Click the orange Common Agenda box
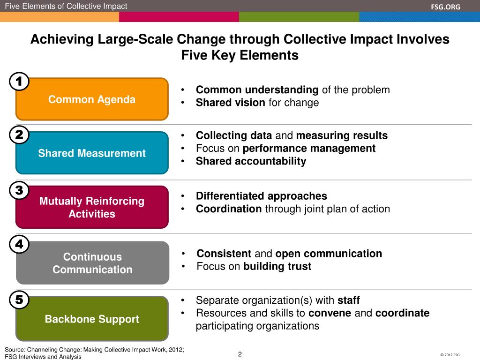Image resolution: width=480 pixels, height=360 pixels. [92, 99]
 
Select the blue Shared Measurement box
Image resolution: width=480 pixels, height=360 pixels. [92, 153]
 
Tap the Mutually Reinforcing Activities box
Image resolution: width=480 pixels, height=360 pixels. [92, 207]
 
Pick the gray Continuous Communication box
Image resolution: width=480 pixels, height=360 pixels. [92, 263]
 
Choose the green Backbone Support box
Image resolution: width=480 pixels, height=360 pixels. [92, 319]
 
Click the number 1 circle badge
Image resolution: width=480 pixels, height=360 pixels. [19, 82]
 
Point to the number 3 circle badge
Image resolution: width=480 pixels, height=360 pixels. [19, 190]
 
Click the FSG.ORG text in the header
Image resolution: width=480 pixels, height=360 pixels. [446, 6]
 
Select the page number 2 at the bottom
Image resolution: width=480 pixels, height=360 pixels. [240, 354]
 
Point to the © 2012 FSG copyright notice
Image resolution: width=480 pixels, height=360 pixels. [450, 355]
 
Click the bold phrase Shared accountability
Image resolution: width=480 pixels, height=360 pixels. [251, 161]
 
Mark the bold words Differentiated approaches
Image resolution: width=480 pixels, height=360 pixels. [261, 196]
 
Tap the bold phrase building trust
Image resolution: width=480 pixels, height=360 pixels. [277, 267]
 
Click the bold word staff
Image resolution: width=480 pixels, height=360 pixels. [348, 300]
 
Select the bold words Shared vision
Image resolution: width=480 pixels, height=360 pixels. [230, 103]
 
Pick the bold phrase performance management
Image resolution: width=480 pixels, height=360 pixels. [309, 149]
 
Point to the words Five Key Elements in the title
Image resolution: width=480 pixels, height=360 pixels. [240, 55]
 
